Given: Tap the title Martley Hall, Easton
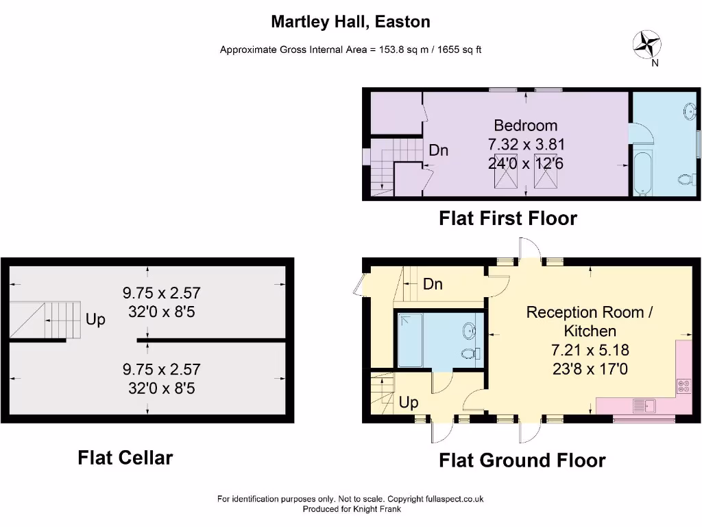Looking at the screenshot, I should click(x=350, y=21).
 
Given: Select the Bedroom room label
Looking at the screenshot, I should click(x=526, y=126).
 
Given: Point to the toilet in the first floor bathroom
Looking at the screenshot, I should click(x=684, y=179).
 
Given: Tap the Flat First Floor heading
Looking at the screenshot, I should click(x=507, y=218).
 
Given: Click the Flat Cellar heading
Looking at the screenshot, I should click(x=125, y=457).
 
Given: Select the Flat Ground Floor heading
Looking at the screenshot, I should click(x=522, y=460).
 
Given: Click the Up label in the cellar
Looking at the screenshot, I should click(x=95, y=320).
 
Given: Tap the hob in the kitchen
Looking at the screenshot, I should click(x=684, y=386).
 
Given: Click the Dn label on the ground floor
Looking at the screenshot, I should click(x=433, y=283).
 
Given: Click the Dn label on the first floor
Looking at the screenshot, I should click(x=439, y=150).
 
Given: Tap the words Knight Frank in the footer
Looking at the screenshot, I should click(x=376, y=509).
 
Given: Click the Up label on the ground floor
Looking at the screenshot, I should click(x=409, y=402).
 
